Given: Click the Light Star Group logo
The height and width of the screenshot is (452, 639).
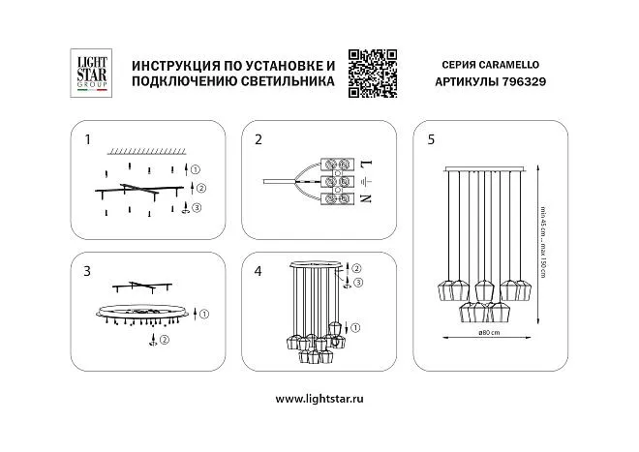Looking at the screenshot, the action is coord(91,74).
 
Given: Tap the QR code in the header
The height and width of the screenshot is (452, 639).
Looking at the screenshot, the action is coord(373,74).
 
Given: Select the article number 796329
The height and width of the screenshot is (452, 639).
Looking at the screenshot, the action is coord(524,82).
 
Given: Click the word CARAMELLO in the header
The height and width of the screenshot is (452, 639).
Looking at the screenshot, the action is coord(508,65).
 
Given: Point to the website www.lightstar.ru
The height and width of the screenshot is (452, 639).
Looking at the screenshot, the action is coord(319,399).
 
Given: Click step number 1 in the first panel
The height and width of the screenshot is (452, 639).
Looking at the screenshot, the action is coord(87,139).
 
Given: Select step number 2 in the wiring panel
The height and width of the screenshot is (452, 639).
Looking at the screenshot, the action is coord(259,139).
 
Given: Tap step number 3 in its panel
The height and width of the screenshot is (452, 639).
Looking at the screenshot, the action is coord(87,271).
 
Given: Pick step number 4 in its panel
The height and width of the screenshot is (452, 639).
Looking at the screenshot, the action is coord(258,271).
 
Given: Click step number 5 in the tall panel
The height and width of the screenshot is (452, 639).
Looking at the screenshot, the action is coord(431,139).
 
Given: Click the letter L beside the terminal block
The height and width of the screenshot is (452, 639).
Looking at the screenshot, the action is coord(367,165).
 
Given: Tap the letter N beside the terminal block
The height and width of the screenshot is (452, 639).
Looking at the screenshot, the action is coord(366,198).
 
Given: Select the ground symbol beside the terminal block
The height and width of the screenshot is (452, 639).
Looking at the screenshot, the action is coord(366,181).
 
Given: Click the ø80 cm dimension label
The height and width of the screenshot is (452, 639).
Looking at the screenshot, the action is coord(489,333).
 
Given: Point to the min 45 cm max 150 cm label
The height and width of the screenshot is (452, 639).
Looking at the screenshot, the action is coord(543,243).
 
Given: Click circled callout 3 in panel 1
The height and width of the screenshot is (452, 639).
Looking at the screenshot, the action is coord(197,208).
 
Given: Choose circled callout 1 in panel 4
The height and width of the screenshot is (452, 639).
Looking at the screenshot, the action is coord(355,327).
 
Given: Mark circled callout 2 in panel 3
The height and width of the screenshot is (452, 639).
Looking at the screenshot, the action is coord(165,340).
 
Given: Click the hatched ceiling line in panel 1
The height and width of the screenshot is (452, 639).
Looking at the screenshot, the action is coord(146,152).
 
